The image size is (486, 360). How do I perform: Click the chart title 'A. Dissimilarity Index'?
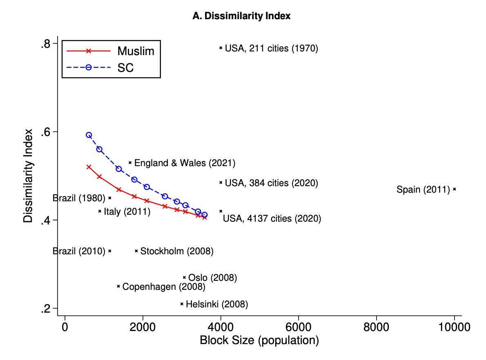coord(241,16)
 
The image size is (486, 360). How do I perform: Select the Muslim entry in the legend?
coord(135,51)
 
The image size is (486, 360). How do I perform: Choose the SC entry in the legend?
coord(125,68)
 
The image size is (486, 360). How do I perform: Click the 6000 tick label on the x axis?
coord(299,327)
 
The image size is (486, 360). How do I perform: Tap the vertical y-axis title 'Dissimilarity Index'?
coord(28,176)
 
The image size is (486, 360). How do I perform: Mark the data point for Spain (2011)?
coord(455,189)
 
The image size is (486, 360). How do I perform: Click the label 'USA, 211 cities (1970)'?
coord(271,49)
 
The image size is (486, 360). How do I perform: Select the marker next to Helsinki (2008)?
coord(182,304)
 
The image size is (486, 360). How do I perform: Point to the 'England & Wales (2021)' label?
coord(185,163)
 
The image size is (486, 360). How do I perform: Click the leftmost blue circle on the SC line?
coord(89,135)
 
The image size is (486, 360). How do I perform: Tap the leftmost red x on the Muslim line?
coord(89,167)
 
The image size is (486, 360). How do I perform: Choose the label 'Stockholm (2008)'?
coord(177,251)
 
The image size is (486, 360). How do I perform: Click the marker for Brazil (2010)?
coord(110,251)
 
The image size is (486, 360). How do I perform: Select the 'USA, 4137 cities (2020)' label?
coord(272,219)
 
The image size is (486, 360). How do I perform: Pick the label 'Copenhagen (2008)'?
coord(164,287)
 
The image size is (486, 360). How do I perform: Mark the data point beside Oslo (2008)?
coord(184,277)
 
